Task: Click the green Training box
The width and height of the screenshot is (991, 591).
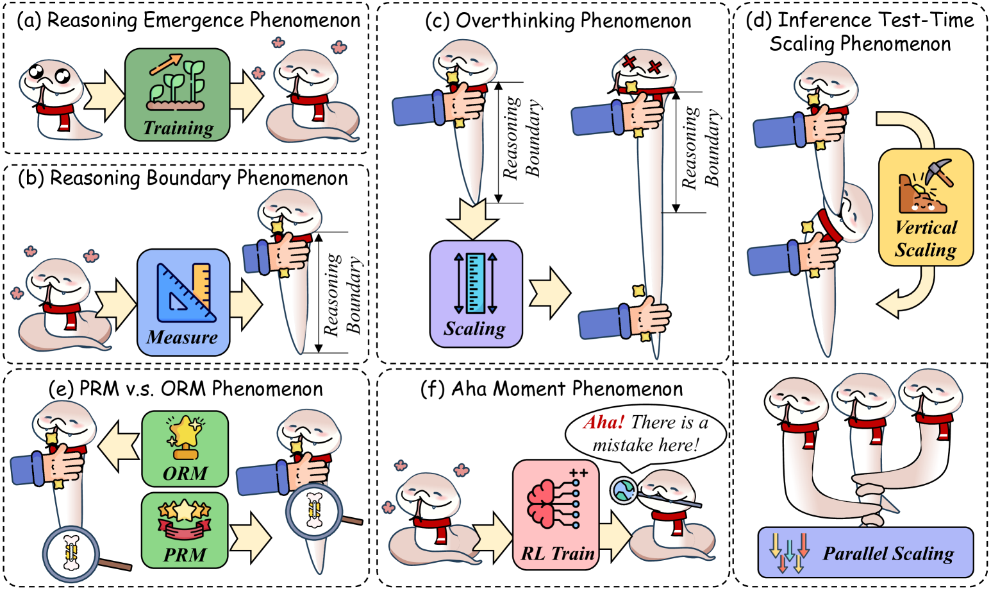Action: (x=178, y=94)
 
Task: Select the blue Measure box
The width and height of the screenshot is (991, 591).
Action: (x=183, y=302)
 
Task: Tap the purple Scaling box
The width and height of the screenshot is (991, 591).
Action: (x=476, y=294)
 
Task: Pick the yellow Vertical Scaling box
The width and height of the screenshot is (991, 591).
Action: (x=926, y=207)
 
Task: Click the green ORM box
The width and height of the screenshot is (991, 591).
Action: (x=185, y=449)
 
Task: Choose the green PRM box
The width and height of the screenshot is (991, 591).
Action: (x=185, y=530)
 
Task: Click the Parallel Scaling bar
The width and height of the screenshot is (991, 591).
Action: (x=865, y=552)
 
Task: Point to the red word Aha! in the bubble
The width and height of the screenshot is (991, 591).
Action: (x=603, y=422)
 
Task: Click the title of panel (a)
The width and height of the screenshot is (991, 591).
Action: (x=188, y=21)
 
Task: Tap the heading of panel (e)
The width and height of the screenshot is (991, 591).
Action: (x=186, y=389)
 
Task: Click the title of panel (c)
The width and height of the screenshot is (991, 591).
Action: (x=558, y=21)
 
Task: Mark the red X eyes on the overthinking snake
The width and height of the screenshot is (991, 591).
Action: (x=642, y=64)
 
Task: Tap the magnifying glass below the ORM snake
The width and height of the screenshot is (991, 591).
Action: (x=72, y=554)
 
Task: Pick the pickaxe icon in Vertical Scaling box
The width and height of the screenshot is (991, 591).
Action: (x=937, y=172)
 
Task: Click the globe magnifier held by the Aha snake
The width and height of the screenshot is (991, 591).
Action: (x=623, y=490)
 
